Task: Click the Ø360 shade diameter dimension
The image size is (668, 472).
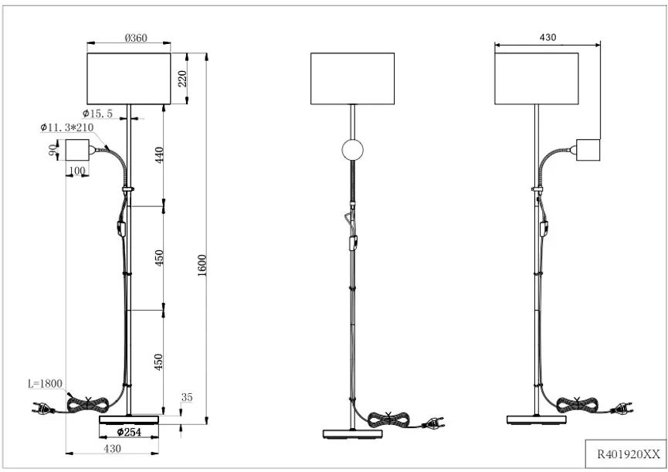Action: [x=136, y=37]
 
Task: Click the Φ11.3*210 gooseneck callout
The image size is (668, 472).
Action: [x=66, y=127]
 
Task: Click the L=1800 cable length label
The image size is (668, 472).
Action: [x=45, y=383]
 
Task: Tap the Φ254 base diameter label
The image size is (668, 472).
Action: [x=129, y=432]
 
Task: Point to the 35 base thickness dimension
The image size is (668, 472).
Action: [x=186, y=398]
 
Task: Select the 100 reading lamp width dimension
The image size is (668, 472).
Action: [x=76, y=170]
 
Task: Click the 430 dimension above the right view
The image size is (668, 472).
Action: [x=548, y=38]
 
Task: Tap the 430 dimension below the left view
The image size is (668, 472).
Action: [x=113, y=447]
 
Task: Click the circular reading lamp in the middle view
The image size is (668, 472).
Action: [x=352, y=150]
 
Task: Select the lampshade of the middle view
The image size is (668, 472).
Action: [x=352, y=78]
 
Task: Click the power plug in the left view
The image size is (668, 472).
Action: [x=39, y=410]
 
